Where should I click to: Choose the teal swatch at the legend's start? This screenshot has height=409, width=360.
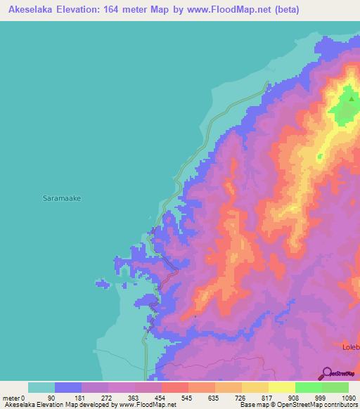pyautogui.click(x=41, y=387)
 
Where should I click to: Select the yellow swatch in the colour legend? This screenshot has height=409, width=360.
pyautogui.click(x=281, y=387)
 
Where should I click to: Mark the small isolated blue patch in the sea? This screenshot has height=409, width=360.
pyautogui.click(x=103, y=284)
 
